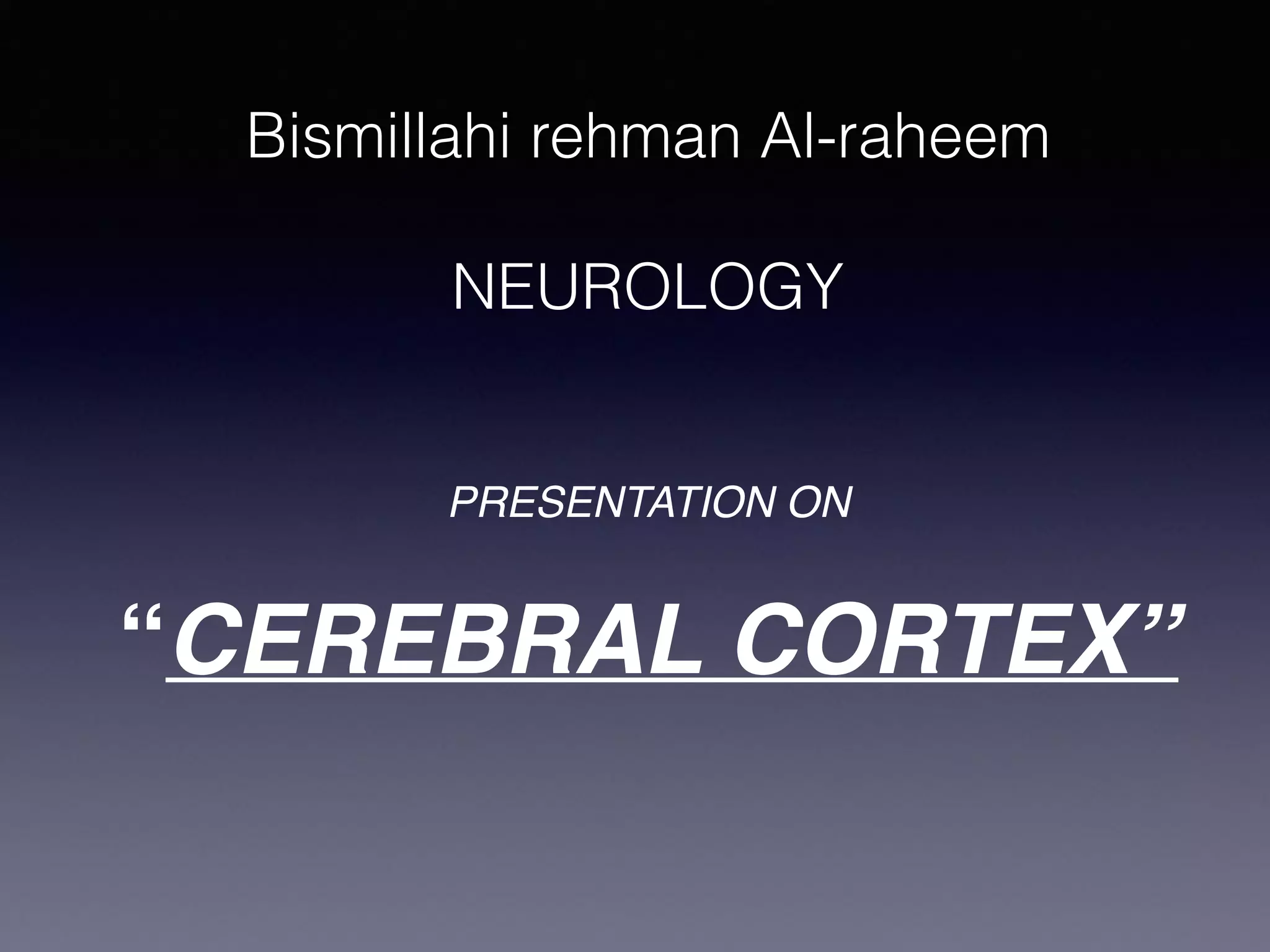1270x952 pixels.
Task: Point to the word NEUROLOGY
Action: pos(647,287)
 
